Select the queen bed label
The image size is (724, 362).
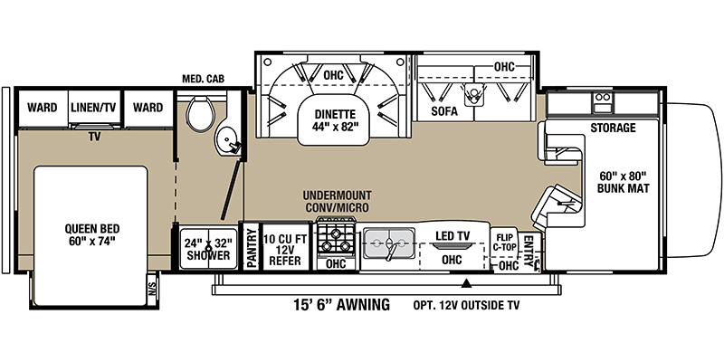click(x=92, y=234)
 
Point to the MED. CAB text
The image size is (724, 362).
click(x=203, y=80)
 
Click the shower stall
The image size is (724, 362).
click(x=208, y=248)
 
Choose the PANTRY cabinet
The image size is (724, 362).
click(x=252, y=246)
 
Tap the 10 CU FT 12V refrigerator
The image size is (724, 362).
click(x=286, y=246)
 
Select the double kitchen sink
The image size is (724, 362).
click(x=389, y=242)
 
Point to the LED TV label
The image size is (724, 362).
click(x=452, y=236)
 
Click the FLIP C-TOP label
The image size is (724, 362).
click(x=503, y=243)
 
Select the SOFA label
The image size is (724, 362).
click(x=444, y=111)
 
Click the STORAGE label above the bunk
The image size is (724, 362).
click(x=614, y=128)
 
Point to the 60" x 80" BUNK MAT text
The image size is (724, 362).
click(x=623, y=182)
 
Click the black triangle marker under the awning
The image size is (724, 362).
click(x=467, y=283)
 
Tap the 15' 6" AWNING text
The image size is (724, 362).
click(x=342, y=305)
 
